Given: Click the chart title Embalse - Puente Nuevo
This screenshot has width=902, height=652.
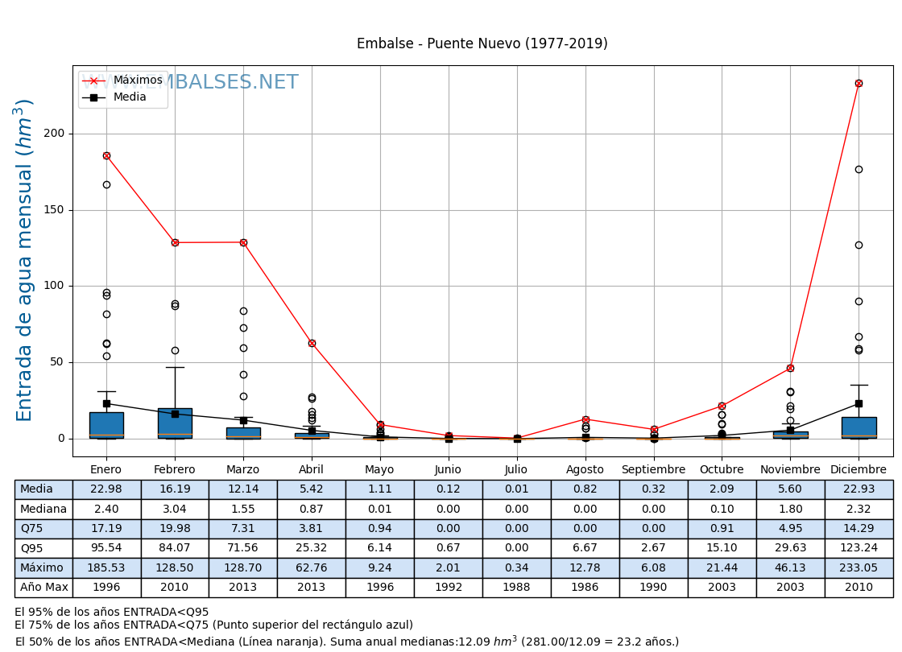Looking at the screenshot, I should click(482, 44).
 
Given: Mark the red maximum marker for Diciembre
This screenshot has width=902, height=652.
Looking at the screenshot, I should click(859, 83).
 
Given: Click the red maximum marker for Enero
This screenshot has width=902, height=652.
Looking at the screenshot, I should click(106, 155).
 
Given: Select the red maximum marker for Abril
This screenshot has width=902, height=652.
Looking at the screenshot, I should click(312, 343).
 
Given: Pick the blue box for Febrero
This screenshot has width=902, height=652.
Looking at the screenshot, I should click(175, 423).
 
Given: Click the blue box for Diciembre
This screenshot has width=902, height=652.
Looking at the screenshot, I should click(859, 427).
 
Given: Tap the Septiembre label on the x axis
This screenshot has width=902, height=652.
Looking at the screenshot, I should click(653, 470).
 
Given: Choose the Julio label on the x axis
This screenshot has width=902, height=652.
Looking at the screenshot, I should click(516, 470).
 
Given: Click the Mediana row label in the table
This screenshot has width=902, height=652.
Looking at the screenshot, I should click(43, 510).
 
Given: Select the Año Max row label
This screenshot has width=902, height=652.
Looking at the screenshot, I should click(43, 588).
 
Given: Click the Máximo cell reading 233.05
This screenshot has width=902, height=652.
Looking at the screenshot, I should click(859, 568).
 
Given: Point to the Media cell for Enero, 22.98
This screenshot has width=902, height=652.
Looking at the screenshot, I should click(106, 489).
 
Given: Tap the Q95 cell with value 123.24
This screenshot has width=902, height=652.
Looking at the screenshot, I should click(859, 548).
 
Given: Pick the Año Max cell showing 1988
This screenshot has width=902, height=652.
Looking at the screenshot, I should click(516, 588).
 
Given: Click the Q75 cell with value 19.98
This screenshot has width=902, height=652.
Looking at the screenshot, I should click(175, 529).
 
